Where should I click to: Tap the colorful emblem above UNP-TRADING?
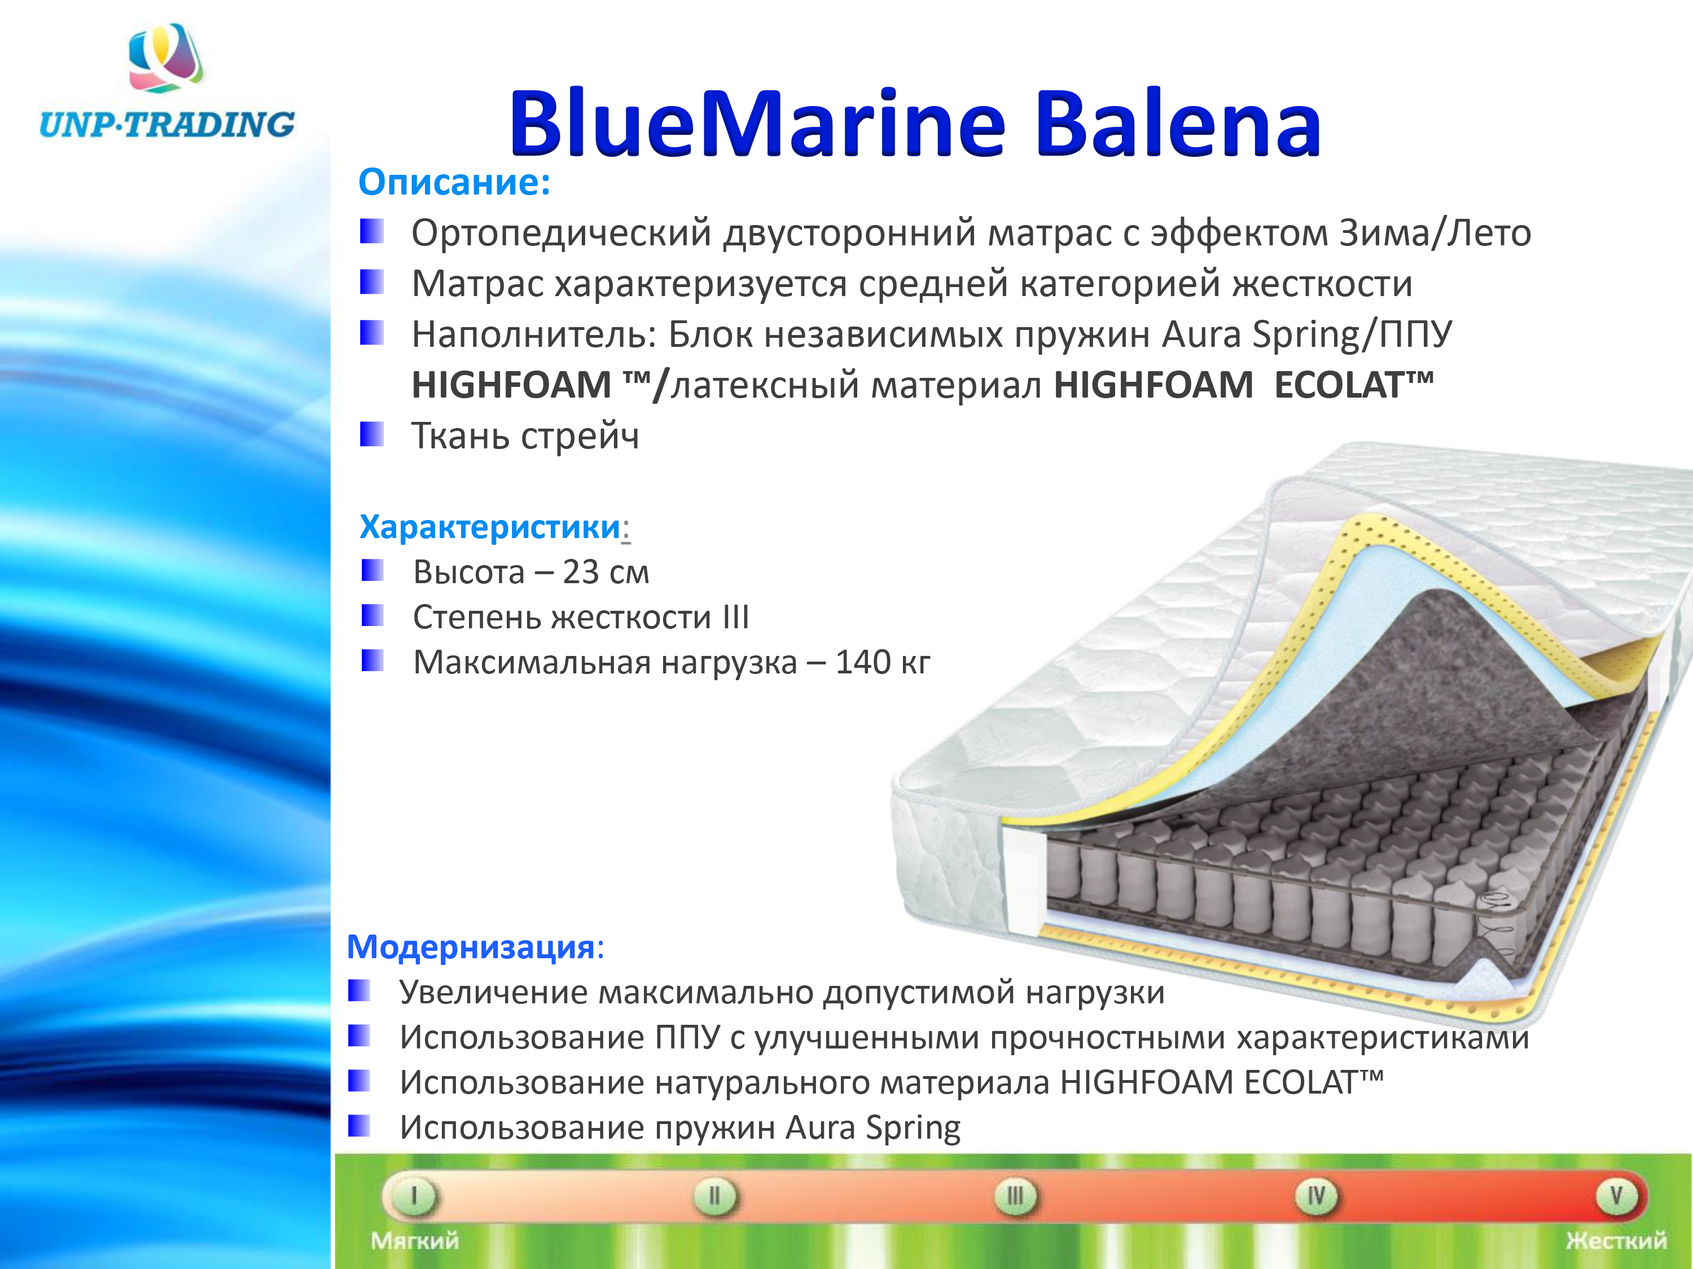[x=166, y=58]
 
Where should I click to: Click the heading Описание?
[x=455, y=182]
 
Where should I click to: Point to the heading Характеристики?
[x=490, y=526]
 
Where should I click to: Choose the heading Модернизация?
[x=471, y=947]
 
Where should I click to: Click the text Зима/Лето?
[x=1435, y=232]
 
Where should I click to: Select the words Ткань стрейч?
[x=525, y=436]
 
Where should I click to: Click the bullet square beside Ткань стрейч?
[x=371, y=434]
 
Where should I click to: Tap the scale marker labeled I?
[x=414, y=1196]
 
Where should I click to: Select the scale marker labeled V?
[x=1616, y=1196]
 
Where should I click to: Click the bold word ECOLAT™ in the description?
[x=1353, y=384]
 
